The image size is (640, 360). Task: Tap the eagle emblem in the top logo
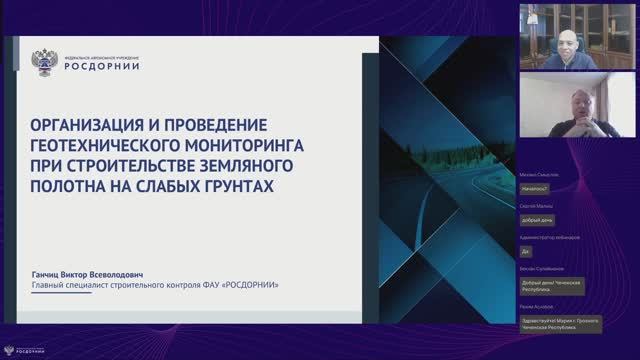tap(45, 61)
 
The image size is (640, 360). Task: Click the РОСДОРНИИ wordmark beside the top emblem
tap(102, 66)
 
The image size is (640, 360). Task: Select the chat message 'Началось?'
tap(534, 187)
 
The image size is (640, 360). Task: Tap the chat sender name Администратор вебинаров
tap(550, 237)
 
